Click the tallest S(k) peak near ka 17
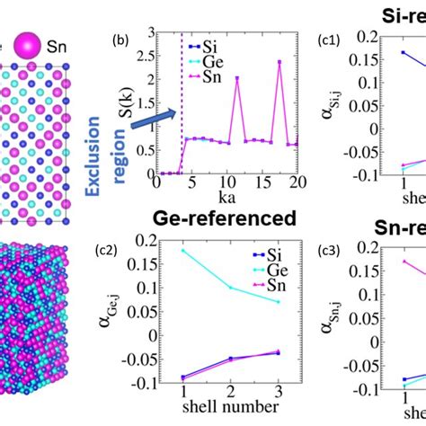click(x=279, y=62)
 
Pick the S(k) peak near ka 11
click(x=237, y=78)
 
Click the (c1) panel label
click(x=329, y=40)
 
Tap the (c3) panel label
click(x=329, y=251)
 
